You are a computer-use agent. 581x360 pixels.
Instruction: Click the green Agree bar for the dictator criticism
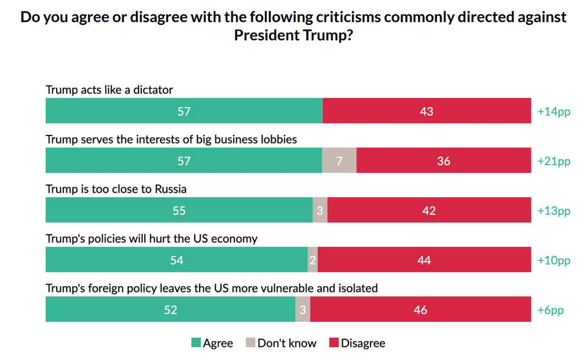[x=184, y=111]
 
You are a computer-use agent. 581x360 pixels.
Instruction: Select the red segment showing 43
[x=426, y=111]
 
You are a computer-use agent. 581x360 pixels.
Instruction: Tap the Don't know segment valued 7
[x=339, y=161]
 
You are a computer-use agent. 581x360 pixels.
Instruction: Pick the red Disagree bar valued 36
[x=444, y=161]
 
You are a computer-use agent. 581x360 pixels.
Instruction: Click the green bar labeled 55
[x=179, y=210]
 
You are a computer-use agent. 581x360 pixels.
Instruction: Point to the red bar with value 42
[x=429, y=210]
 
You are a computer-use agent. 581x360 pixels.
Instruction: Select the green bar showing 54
[x=176, y=260]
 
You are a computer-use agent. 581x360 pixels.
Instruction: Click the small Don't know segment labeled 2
[x=313, y=260]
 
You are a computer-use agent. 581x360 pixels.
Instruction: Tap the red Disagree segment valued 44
[x=424, y=260]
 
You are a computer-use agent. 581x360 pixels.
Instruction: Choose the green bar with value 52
[x=170, y=310]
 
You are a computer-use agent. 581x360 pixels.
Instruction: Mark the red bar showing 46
[x=420, y=310]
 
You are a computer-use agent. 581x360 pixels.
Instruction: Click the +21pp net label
[x=553, y=161]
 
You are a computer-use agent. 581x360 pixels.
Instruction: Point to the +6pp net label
[x=550, y=310]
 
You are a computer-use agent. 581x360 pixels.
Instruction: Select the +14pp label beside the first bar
[x=553, y=111]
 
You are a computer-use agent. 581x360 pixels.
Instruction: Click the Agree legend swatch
[x=196, y=343]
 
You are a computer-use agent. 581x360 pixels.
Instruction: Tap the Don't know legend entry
[x=281, y=343]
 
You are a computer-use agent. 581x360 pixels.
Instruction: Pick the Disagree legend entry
[x=357, y=343]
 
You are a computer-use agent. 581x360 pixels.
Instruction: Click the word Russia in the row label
[x=171, y=189]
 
